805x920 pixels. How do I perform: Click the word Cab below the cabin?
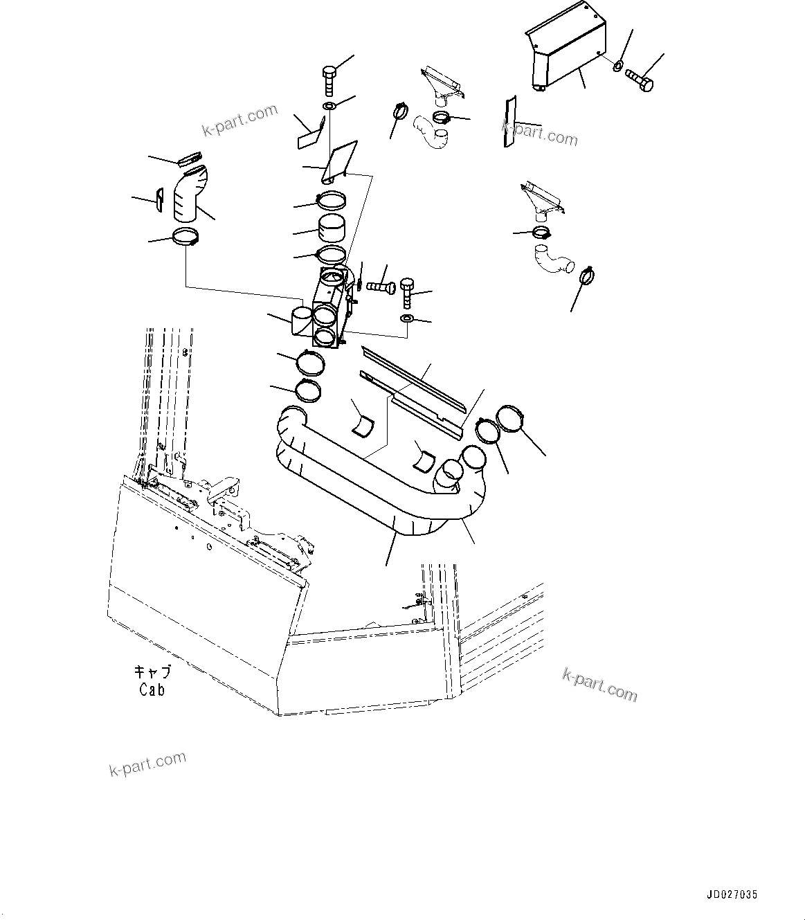[x=152, y=689]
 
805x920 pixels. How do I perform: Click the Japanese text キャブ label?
[x=152, y=672]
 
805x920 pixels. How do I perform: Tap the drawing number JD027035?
[x=732, y=894]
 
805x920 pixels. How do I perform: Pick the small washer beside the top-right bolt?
[x=616, y=66]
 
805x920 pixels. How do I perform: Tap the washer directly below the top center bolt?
[x=329, y=106]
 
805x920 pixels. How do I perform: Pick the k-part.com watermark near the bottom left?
[x=147, y=764]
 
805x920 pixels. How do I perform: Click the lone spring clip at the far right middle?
[x=586, y=278]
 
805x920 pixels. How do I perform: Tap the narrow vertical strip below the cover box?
[x=509, y=121]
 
